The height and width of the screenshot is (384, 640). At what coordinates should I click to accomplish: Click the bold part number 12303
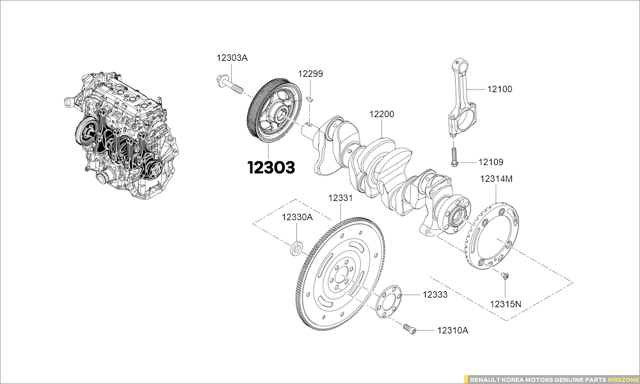coord(271,168)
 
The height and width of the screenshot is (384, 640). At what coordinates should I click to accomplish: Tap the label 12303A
coord(232,58)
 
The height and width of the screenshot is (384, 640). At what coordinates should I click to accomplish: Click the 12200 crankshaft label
coord(381,114)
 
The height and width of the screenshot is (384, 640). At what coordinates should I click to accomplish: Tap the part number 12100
coord(499,90)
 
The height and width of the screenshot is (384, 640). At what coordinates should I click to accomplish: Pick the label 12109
coord(490,162)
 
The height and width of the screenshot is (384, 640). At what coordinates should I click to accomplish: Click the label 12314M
coord(496,179)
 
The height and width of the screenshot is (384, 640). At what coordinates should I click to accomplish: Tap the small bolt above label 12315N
coord(506,276)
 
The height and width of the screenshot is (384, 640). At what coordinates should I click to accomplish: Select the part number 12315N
coord(506,303)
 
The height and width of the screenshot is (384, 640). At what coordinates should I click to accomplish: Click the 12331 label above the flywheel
coord(340,198)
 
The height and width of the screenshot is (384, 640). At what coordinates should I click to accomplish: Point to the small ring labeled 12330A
coord(296,246)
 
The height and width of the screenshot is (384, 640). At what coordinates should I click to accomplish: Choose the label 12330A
coord(298,217)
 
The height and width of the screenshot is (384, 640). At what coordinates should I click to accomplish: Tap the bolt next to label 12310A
coord(410,329)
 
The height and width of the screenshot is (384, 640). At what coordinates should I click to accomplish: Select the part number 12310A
coord(453,330)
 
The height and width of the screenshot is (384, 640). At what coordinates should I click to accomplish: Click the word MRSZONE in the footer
coord(622,379)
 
